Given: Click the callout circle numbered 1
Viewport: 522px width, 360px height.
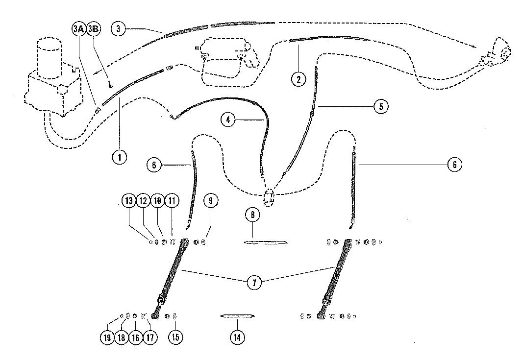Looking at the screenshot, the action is (x=119, y=157).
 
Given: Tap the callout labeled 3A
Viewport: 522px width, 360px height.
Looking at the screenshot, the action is (x=78, y=29).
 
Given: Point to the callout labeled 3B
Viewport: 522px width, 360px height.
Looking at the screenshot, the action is (x=93, y=29).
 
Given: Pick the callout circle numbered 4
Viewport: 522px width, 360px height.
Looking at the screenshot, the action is (x=228, y=119).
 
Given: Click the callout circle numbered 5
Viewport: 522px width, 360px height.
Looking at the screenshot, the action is (x=381, y=107).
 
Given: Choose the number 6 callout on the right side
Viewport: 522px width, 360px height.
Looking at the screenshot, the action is (x=454, y=165).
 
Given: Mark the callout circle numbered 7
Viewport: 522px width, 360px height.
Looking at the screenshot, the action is (x=254, y=283).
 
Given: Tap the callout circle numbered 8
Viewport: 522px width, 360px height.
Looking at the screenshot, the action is (x=252, y=215).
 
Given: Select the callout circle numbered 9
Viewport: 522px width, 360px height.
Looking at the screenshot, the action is (x=211, y=201).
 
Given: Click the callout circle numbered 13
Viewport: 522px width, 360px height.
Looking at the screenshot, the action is (x=129, y=201).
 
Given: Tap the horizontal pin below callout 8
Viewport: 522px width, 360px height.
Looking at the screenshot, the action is (x=265, y=242).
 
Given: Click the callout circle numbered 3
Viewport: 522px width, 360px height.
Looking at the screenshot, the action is (x=118, y=28).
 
